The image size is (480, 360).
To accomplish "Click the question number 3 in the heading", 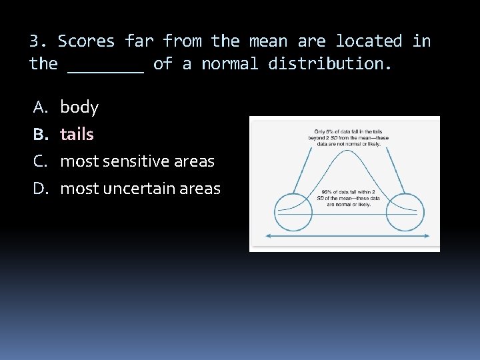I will (36, 41).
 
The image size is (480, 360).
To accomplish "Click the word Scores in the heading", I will (86, 41).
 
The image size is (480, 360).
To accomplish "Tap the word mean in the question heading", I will (268, 41).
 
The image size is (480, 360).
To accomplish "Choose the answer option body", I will (79, 107).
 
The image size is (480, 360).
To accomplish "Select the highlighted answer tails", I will (77, 135).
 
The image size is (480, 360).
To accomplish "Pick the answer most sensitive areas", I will (137, 161).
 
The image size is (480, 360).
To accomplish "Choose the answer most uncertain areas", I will (140, 189).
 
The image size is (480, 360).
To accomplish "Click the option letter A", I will (39, 107).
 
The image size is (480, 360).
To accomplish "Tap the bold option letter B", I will (39, 135).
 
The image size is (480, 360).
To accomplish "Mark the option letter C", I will (39, 161).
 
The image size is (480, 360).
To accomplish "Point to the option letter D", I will (39, 189).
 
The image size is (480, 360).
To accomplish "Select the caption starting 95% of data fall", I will (351, 199).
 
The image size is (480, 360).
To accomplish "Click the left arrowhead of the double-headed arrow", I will (269, 236).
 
